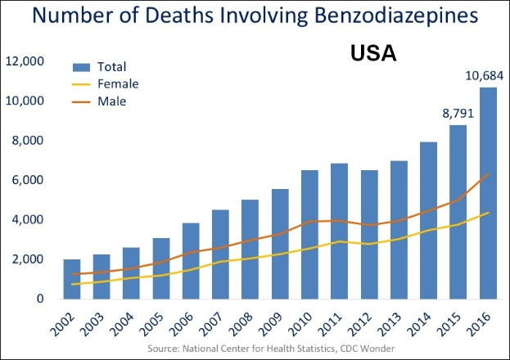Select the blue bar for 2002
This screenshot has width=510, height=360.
72,279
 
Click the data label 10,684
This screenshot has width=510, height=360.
486,76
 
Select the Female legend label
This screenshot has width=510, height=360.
118,83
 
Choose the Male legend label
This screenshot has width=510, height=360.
112,101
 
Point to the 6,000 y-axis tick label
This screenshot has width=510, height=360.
27,180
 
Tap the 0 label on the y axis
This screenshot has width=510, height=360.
39,299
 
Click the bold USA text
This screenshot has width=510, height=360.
373,54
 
